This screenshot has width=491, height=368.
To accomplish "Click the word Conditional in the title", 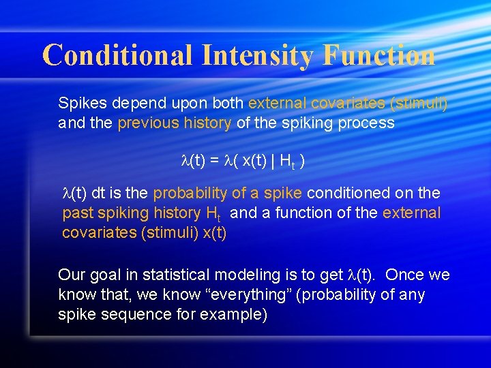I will tap(118, 55).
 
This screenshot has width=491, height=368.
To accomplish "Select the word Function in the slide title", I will tap(379, 55).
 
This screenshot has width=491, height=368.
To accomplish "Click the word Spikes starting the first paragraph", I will tap(79, 104).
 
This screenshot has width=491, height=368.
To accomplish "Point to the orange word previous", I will tap(146, 123).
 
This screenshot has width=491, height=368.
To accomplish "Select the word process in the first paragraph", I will tap(370, 123).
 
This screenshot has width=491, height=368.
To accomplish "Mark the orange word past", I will tap(76, 213).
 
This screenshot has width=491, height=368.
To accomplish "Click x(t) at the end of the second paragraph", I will tap(213, 232).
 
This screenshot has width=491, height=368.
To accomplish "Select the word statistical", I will tap(177, 275).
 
